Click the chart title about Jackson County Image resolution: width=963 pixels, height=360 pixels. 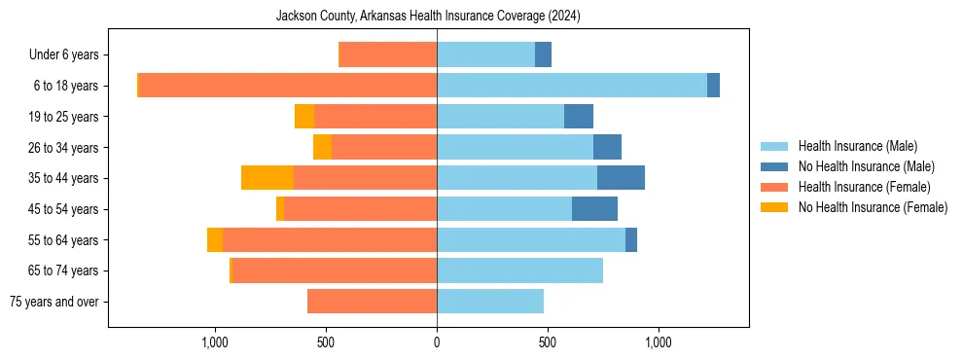click(x=428, y=16)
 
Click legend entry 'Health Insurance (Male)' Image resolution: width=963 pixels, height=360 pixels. click(x=858, y=146)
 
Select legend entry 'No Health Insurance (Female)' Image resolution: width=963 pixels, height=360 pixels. click(x=873, y=207)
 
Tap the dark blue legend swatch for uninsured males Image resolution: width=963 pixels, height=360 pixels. click(x=774, y=166)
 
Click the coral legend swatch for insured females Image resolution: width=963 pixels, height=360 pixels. click(x=774, y=187)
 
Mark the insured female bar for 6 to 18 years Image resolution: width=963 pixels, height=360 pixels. click(x=287, y=86)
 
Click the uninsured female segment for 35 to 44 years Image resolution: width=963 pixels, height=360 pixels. click(x=267, y=178)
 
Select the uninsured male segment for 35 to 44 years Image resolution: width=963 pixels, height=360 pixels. click(x=621, y=178)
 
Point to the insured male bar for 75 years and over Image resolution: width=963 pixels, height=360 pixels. click(x=490, y=302)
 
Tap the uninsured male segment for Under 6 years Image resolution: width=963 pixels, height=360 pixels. click(x=544, y=54)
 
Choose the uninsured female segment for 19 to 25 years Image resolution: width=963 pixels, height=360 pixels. click(x=304, y=117)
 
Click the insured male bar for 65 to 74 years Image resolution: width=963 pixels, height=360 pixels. click(x=519, y=270)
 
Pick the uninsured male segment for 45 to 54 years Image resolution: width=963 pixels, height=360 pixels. click(x=594, y=209)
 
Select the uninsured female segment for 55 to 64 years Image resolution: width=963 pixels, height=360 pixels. click(x=215, y=240)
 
